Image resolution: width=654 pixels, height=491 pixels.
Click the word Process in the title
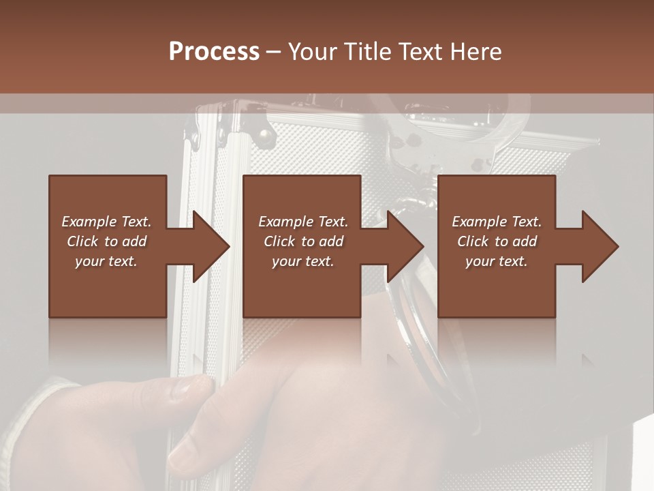coord(214,52)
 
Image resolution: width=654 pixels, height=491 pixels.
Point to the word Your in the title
coord(314,52)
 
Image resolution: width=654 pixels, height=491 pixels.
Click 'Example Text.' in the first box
coord(106,222)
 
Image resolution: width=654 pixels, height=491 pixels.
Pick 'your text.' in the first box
coord(106,261)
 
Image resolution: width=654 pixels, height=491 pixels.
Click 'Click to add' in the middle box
coord(303,241)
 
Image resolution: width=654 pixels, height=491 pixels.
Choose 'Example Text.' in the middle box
coord(303,222)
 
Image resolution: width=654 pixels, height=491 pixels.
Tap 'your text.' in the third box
coord(497,261)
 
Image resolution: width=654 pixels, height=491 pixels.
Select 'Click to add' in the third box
coord(497,241)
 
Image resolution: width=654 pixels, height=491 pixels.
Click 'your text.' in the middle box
coord(303,261)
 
